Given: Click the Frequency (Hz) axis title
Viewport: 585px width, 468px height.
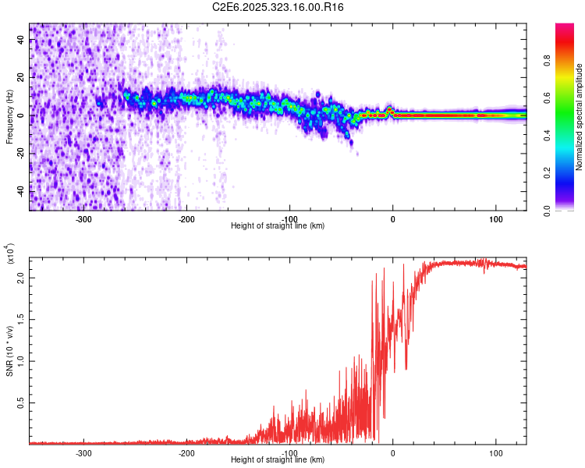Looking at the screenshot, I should pos(9,116).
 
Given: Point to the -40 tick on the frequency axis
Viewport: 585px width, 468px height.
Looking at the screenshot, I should pos(21,190).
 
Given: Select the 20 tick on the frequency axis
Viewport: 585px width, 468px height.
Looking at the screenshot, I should pos(21,78).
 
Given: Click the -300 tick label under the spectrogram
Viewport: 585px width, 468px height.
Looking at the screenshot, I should pos(83,218).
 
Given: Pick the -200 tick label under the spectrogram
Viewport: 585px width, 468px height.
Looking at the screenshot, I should pos(186,218).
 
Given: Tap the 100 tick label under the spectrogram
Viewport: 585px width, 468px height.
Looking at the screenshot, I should pos(495,218).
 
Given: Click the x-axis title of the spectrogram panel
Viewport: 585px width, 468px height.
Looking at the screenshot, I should pos(278,226).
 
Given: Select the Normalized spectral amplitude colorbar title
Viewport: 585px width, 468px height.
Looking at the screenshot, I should pos(580,117).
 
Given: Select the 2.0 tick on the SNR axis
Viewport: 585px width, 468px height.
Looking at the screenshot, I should pos(21,278).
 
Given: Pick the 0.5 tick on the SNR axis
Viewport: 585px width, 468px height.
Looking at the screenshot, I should pos(21,402).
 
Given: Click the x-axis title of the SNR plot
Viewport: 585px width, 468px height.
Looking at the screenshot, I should pos(278,460).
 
